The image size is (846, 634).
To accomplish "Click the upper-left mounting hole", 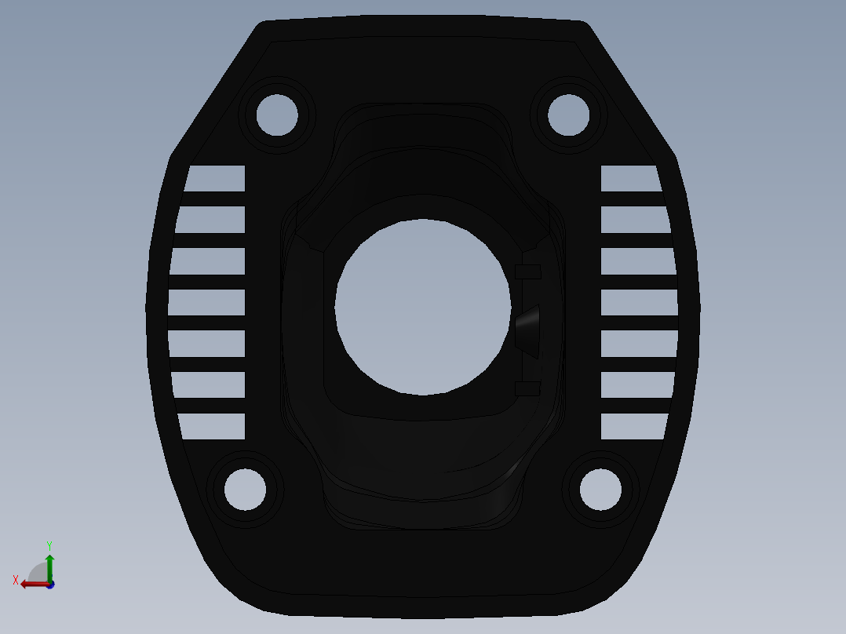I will pos(277,115).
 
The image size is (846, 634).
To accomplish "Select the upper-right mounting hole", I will pos(568,115).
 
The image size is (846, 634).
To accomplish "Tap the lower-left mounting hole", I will pos(245,489).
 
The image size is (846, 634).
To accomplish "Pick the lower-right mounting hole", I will pos(600,489).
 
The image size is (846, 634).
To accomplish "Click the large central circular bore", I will pos(421,306).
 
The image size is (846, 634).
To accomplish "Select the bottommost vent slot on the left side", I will pos(213,426).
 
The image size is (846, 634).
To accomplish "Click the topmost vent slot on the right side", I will pos(629,178).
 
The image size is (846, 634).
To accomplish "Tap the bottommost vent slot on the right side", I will pos(633,426).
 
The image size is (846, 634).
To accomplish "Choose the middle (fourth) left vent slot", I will pos(207,302).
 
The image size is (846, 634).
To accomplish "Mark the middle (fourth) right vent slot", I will pos(639,302).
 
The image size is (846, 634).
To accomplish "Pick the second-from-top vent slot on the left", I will pos(211,220).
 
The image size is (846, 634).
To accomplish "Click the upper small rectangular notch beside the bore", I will pos(528,271).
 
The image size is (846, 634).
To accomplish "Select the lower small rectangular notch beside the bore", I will pos(527,388).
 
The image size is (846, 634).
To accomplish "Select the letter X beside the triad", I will pos(16,580).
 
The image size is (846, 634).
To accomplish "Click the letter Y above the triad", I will pos(49,545).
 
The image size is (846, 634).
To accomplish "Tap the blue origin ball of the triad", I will pos(49,585).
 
